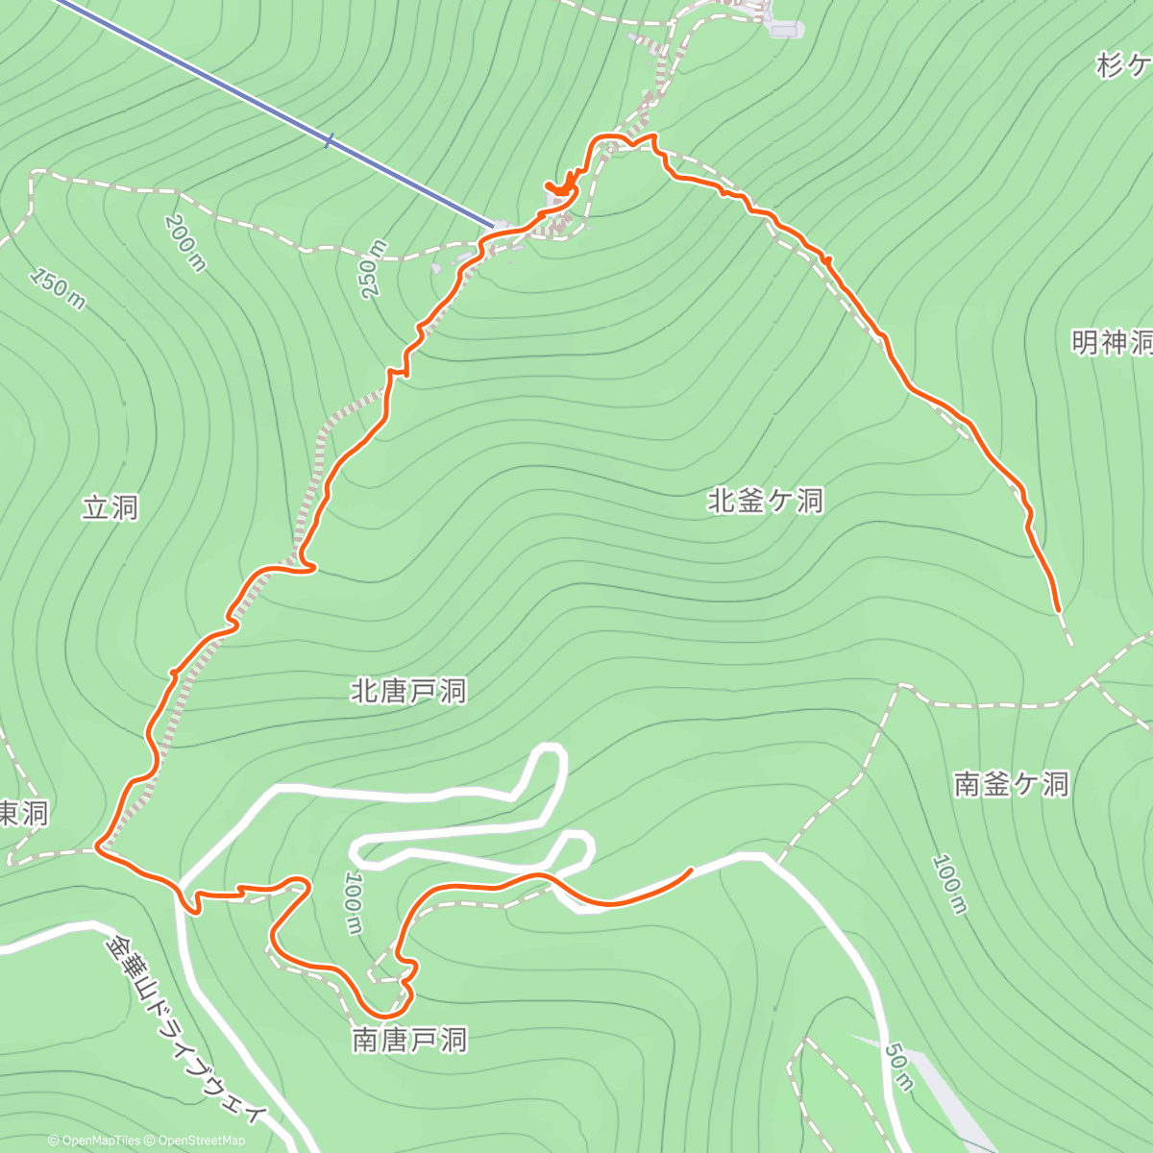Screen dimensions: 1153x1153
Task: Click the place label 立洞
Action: pyautogui.click(x=110, y=507)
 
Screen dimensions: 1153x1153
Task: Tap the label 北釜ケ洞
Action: pyautogui.click(x=766, y=501)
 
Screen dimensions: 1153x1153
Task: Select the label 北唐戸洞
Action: pyautogui.click(x=408, y=691)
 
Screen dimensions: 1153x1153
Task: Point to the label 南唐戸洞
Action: pyautogui.click(x=409, y=1040)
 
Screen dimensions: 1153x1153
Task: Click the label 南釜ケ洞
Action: pyautogui.click(x=1011, y=784)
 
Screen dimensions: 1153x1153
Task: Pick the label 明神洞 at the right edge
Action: pyautogui.click(x=1112, y=342)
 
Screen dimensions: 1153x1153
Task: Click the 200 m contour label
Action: pyautogui.click(x=185, y=243)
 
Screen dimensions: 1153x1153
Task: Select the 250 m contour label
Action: pyautogui.click(x=373, y=269)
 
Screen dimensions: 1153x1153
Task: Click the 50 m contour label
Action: pyautogui.click(x=899, y=1067)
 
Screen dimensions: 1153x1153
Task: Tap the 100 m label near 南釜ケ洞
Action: pyautogui.click(x=949, y=884)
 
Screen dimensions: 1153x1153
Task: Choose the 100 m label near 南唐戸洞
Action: pyautogui.click(x=353, y=903)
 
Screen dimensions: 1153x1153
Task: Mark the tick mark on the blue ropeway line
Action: pyautogui.click(x=329, y=141)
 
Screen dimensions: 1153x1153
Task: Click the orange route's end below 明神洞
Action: pyautogui.click(x=1058, y=609)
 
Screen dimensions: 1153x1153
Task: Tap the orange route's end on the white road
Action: pyautogui.click(x=691, y=870)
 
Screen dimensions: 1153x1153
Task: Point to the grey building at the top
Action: pyautogui.click(x=785, y=30)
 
